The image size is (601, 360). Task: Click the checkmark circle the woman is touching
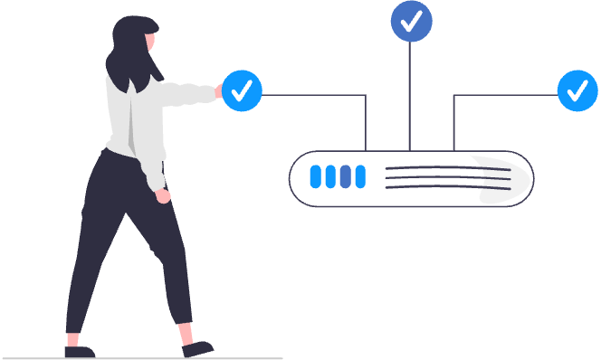click(242, 90)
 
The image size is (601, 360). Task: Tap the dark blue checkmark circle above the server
click(411, 22)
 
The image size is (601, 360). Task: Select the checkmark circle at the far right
click(577, 90)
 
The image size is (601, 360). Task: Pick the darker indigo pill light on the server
click(345, 176)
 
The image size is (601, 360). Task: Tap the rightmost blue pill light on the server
click(360, 176)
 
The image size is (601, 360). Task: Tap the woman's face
click(152, 42)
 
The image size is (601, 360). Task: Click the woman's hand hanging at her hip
click(163, 194)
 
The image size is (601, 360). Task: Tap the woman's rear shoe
click(79, 351)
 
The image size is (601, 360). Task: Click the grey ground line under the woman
click(136, 358)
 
